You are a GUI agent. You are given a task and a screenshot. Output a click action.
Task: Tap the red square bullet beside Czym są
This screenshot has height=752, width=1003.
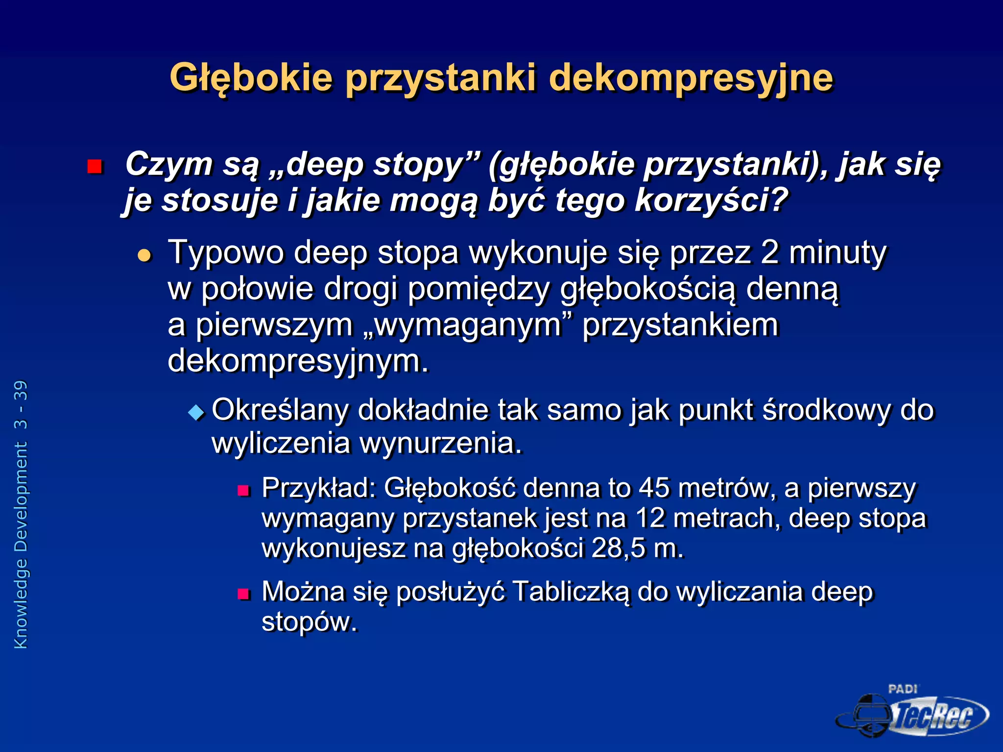pos(95,167)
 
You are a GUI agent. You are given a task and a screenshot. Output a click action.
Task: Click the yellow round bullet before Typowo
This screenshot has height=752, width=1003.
pos(144,255)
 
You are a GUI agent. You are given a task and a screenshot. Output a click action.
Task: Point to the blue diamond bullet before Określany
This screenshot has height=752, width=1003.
pos(196,412)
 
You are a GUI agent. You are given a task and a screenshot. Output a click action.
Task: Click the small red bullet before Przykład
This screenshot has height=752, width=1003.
pos(243,490)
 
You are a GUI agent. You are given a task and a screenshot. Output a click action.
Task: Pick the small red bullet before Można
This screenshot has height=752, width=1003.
pos(243,594)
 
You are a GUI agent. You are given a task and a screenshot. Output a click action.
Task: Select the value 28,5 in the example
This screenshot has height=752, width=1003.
pos(618,548)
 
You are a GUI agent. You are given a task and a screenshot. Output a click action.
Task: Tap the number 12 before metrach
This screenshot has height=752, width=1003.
pos(650,518)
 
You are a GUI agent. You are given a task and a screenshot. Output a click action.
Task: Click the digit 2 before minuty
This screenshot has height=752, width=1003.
pos(770,253)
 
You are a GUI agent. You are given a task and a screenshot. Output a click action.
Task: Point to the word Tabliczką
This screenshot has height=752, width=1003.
pos(571,592)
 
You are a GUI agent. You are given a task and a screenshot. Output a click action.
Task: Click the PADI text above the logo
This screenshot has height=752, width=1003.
pos(903,689)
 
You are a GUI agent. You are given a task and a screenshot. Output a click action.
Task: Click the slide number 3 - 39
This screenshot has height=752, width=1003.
pos(21,405)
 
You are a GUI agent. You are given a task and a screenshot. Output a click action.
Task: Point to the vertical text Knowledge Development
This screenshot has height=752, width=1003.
pos(21,546)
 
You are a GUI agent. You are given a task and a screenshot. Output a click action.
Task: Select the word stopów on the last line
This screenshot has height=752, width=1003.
pos(309,622)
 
